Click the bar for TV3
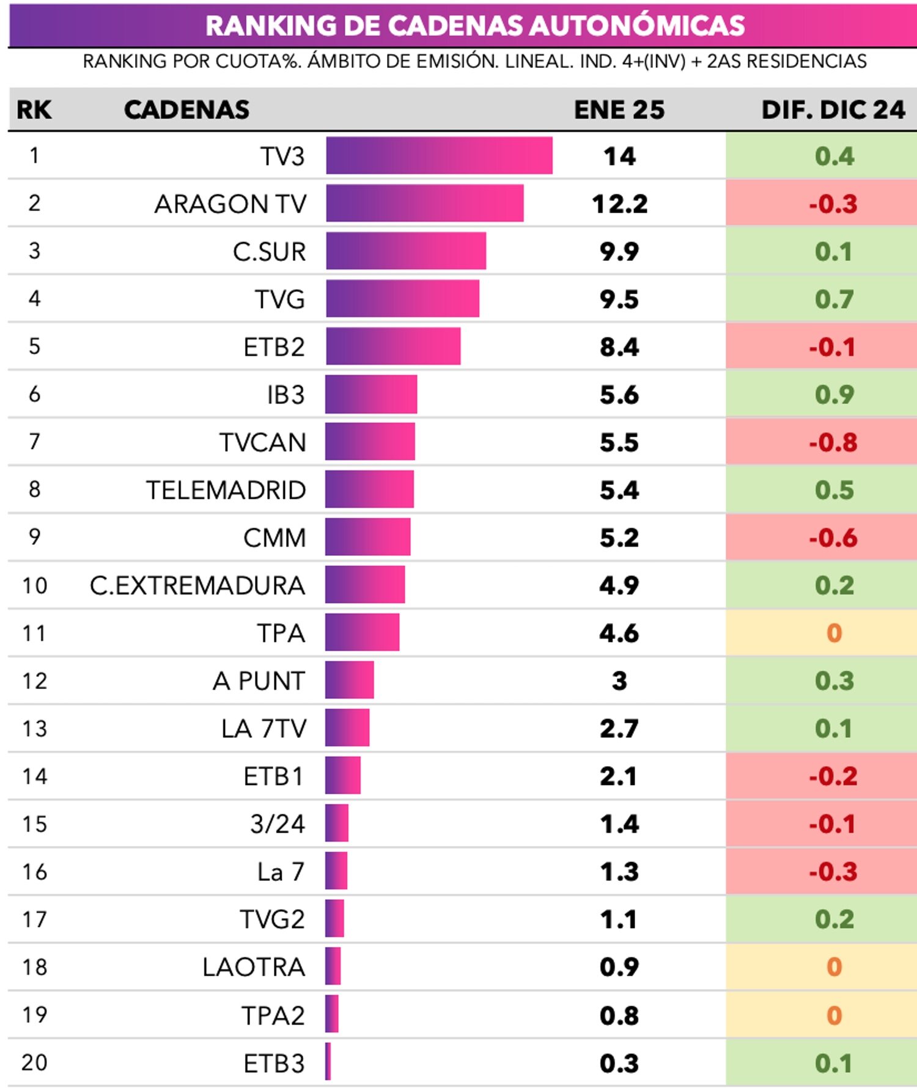[x=439, y=156]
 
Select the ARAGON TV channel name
[x=230, y=204]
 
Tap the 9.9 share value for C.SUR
[x=619, y=252]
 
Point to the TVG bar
[x=402, y=299]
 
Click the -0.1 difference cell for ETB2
[x=833, y=347]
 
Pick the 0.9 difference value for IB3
[x=834, y=395]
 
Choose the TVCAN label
[x=262, y=442]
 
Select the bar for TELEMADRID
[x=369, y=489]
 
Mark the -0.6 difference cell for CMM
[x=833, y=538]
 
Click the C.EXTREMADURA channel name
[x=197, y=585]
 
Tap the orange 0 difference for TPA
[x=834, y=633]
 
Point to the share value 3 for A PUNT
[x=619, y=681]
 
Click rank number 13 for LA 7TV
[x=34, y=728]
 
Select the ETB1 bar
[x=343, y=775]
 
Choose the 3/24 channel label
[x=277, y=823]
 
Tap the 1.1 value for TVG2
[x=618, y=919]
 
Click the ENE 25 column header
[x=619, y=110]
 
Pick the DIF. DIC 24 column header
[x=833, y=110]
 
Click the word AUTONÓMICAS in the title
[x=637, y=26]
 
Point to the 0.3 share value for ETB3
[x=619, y=1063]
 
